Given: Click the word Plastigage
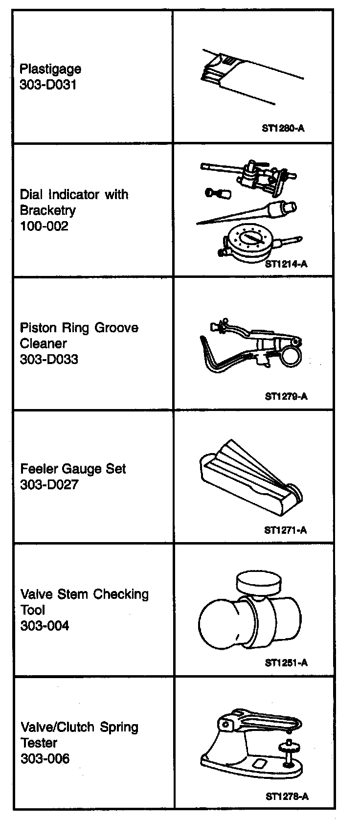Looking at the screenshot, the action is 50,69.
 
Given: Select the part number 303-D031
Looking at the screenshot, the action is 48,85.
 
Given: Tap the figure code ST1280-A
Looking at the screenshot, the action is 284,129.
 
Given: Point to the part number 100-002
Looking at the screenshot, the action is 44,226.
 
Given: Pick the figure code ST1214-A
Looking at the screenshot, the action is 286,264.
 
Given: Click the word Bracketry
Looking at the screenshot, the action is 48,210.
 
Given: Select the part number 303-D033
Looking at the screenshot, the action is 49,359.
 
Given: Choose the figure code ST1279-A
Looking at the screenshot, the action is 286,396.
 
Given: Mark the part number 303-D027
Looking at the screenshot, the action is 49,484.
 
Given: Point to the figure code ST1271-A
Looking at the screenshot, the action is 286,530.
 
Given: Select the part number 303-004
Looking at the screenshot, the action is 45,626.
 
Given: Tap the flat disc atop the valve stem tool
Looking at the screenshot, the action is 259,582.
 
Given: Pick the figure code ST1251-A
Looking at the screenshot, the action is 286,663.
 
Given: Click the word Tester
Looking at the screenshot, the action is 39,743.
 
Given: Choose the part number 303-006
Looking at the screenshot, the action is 45,758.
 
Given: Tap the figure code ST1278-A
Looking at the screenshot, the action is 287,796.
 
